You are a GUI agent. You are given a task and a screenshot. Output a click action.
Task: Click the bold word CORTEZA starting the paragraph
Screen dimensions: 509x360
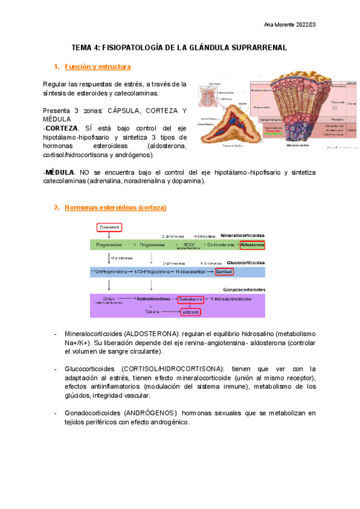pyautogui.click(x=62, y=128)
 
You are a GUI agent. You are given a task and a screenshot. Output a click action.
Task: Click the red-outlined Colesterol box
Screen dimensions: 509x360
pyautogui.click(x=109, y=227)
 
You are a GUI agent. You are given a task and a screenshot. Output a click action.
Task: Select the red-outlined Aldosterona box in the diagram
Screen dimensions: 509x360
pyautogui.click(x=252, y=245)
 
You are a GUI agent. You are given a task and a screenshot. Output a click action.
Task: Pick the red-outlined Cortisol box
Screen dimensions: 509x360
pyautogui.click(x=224, y=272)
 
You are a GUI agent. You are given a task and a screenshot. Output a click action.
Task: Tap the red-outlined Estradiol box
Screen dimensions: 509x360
pyautogui.click(x=192, y=312)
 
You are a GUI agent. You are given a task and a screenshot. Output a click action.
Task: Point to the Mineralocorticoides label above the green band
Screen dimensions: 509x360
pyautogui.click(x=242, y=235)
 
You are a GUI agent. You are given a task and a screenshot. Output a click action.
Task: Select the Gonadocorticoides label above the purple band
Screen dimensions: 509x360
pyautogui.click(x=245, y=289)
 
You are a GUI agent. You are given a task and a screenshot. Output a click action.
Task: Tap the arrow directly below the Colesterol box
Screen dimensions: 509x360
pyautogui.click(x=109, y=236)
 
